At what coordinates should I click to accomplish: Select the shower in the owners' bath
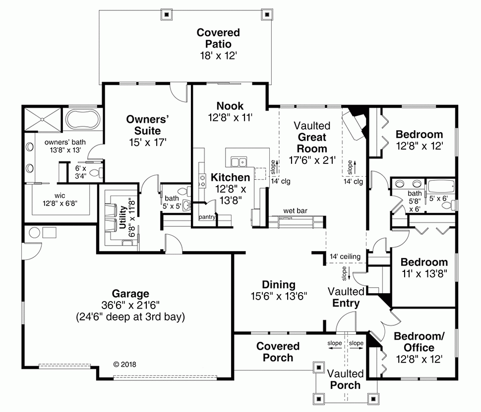tap(42, 119)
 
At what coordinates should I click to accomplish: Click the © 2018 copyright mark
tap(124, 364)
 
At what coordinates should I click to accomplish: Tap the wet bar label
tap(296, 210)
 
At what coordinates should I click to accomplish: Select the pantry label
tap(206, 217)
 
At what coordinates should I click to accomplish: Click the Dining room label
tap(278, 285)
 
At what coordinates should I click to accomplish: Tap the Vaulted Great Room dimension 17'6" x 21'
tap(312, 160)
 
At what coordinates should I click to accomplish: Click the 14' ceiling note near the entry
tap(347, 257)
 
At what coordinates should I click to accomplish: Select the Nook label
tap(230, 105)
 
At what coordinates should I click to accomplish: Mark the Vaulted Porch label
tap(345, 379)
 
